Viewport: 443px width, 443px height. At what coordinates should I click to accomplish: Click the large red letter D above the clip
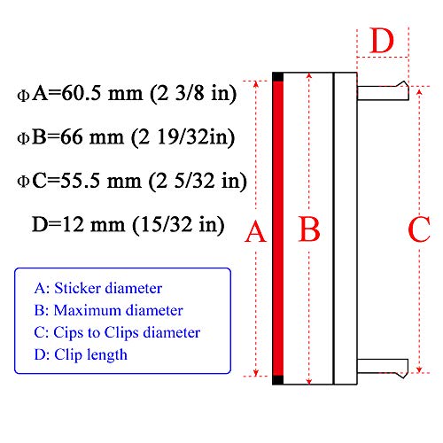coord(382,41)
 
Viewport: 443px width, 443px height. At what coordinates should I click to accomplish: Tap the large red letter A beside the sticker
coord(256,232)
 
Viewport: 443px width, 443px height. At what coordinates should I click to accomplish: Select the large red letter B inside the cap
coord(309,229)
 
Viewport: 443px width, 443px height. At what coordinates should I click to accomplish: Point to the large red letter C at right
coord(419,229)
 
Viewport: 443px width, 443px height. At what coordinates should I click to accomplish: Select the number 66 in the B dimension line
coord(72,137)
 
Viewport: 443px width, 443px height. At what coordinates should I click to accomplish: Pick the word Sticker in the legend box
coord(77,288)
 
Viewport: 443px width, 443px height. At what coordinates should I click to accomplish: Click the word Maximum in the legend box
coord(88,310)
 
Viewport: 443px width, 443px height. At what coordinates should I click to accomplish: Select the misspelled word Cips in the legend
coord(66,333)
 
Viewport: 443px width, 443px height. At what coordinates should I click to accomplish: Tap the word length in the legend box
coord(105,355)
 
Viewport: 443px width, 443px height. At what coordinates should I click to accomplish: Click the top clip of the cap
coord(383,91)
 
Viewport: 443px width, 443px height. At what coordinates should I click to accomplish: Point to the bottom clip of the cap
coord(383,369)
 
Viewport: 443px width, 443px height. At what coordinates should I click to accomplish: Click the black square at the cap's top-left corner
coord(277,76)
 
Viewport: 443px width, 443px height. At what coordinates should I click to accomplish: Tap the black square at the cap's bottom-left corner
coord(277,380)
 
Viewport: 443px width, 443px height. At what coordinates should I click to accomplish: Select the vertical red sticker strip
coord(278,229)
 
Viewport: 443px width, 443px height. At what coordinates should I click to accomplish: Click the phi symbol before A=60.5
coord(23,96)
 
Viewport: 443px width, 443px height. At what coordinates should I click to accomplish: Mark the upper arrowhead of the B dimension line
coord(309,76)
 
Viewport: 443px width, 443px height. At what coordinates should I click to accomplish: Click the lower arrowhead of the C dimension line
coord(419,369)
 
